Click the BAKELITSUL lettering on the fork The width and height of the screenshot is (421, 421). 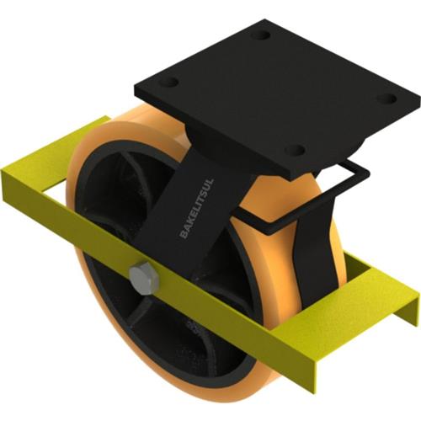click(x=197, y=208)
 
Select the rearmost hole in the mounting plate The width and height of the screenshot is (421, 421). click(x=264, y=35)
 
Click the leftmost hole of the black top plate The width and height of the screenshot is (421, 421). click(x=169, y=83)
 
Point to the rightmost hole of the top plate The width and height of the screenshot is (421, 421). click(x=386, y=99)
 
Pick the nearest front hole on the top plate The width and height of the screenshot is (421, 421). click(x=296, y=151)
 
